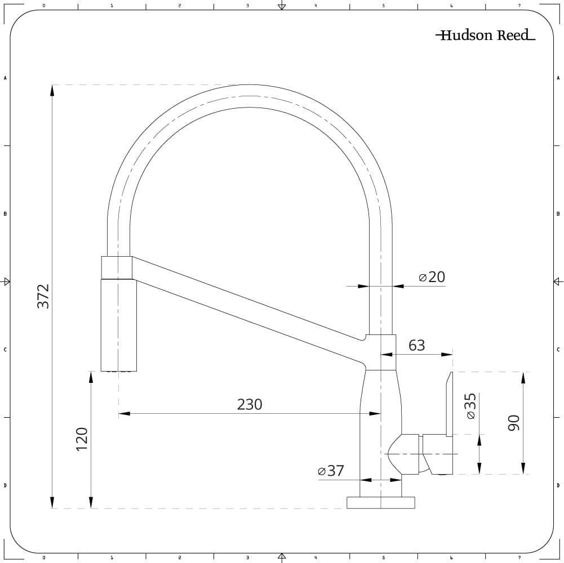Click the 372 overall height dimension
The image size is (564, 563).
click(43, 296)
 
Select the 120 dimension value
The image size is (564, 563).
click(82, 439)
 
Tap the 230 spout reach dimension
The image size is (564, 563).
click(250, 404)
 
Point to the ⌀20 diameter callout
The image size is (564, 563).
click(432, 277)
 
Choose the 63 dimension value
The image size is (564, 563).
click(416, 345)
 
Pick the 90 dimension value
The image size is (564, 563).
click(513, 422)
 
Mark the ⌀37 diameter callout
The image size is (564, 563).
click(331, 471)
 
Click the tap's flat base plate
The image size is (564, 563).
click(381, 503)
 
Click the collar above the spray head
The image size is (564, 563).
click(117, 267)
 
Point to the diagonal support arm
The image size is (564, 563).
click(248, 310)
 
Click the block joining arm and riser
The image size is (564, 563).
click(381, 352)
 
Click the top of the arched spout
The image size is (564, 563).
click(249, 96)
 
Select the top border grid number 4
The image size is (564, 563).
click(316, 6)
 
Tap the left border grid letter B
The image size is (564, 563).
click(5, 214)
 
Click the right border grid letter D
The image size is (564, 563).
click(558, 485)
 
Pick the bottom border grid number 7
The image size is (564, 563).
click(519, 557)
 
